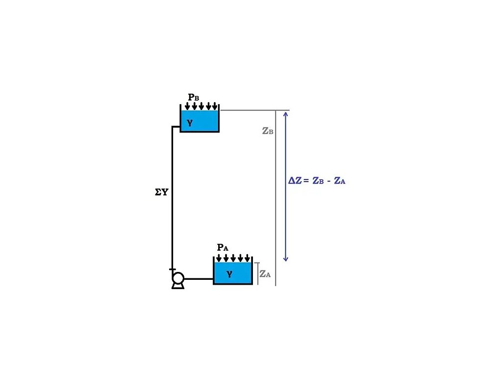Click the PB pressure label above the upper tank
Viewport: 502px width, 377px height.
193,97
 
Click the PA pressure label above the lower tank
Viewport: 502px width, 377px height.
223,247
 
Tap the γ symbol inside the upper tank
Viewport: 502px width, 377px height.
190,123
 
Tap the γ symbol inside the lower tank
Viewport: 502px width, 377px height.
229,274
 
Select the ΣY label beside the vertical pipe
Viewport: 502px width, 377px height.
161,192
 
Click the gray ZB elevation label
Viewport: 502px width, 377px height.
267,131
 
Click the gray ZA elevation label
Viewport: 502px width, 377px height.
265,274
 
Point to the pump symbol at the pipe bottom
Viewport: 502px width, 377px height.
177,279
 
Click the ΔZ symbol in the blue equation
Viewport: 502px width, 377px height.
295,181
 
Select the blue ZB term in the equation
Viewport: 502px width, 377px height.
318,181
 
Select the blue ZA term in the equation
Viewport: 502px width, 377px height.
340,181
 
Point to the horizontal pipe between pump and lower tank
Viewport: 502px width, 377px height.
199,279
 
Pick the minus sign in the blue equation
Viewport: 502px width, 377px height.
329,181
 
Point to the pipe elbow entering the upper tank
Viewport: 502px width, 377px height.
172,127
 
